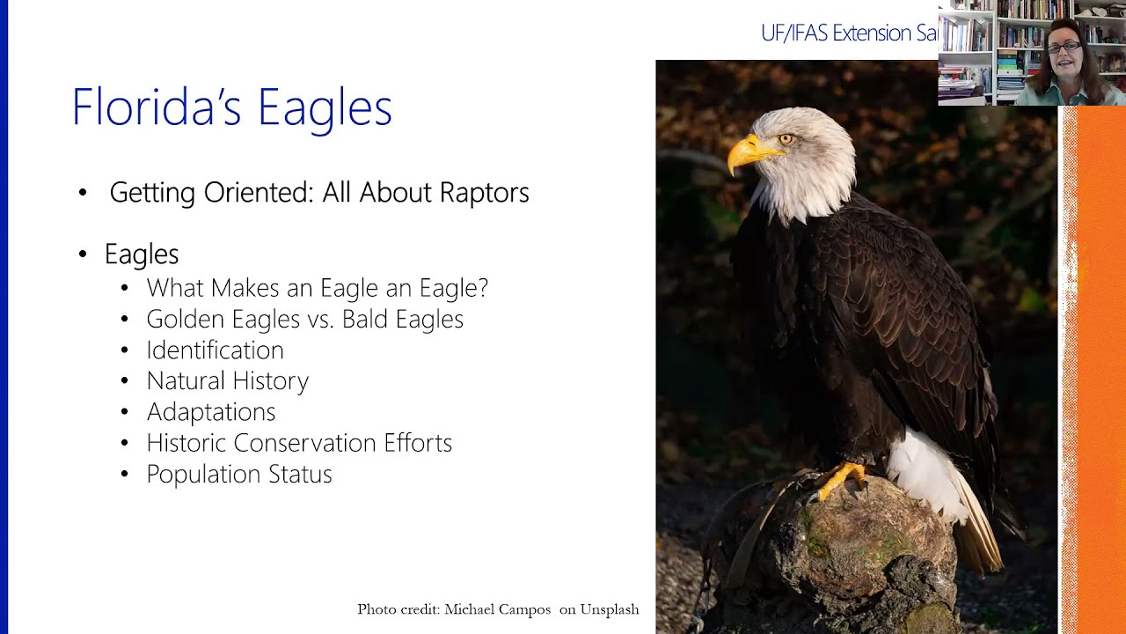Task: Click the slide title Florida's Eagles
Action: tap(231, 107)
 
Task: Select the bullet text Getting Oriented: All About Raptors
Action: tap(318, 193)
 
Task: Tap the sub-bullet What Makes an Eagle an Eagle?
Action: tap(317, 288)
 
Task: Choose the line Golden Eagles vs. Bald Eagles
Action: tap(304, 319)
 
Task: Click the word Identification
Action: tap(215, 350)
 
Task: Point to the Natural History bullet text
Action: tap(227, 381)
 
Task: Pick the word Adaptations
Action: tap(210, 412)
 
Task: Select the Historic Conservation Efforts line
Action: tap(299, 443)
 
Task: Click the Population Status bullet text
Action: tap(238, 474)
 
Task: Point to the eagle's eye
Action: tap(786, 138)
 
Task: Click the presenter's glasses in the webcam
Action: tap(1064, 47)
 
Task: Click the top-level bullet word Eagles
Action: tap(141, 254)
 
